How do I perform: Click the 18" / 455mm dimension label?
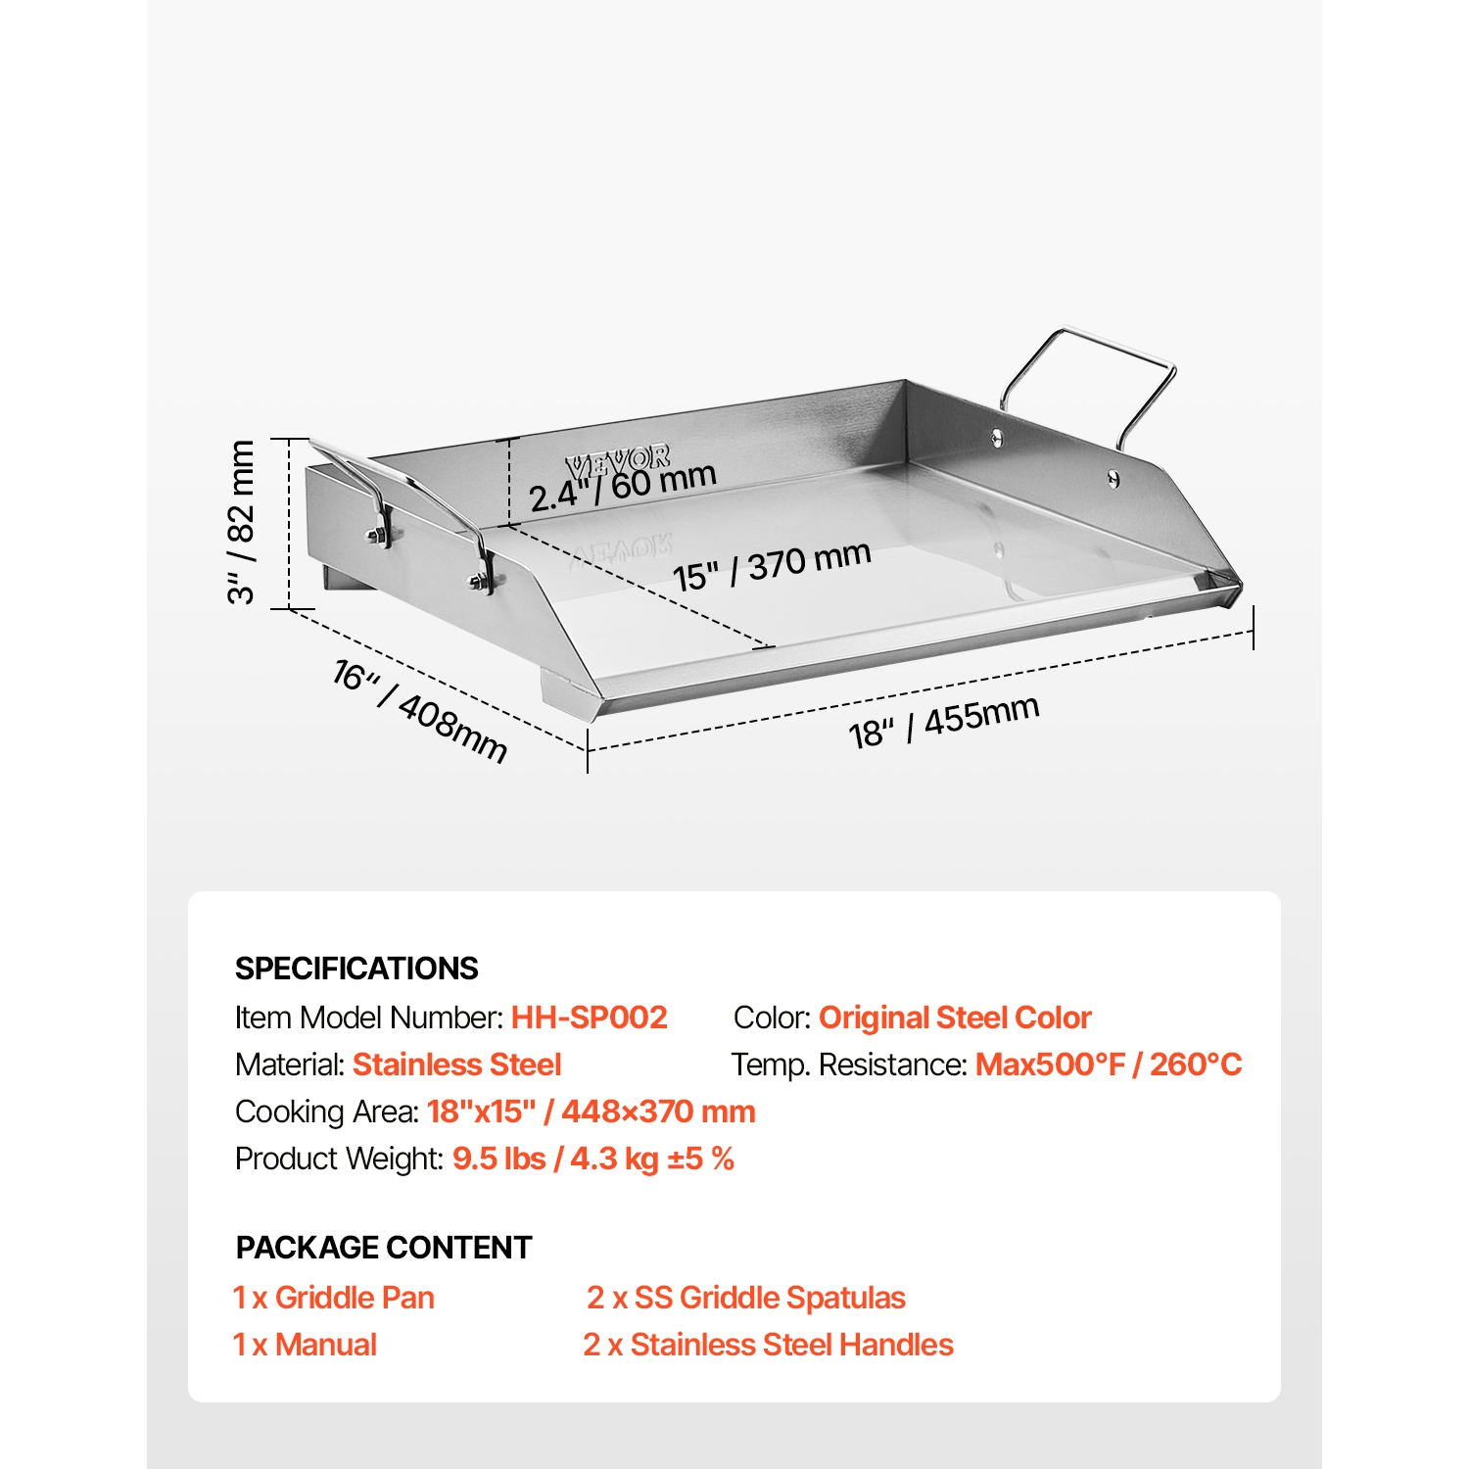coord(944,722)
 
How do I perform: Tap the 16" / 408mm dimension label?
coord(420,711)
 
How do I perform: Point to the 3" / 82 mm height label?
coord(241,522)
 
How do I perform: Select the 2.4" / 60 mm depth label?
coord(623,486)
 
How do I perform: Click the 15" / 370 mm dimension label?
coord(772,566)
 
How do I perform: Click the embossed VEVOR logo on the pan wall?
coord(618,460)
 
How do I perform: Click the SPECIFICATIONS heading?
coord(356,969)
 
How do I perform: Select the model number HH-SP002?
coord(590,1018)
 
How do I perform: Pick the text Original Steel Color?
coord(955,1018)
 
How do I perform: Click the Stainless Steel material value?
coord(457,1065)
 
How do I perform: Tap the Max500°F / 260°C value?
coord(1109,1065)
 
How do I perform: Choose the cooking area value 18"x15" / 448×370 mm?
coord(592,1112)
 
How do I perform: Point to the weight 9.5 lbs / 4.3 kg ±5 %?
coord(593,1159)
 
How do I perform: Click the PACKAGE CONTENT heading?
coord(384,1248)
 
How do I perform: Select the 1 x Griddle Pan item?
coord(334,1298)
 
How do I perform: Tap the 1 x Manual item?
coord(305,1345)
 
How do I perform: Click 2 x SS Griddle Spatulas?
coord(746,1298)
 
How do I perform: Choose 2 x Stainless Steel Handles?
coord(769,1345)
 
